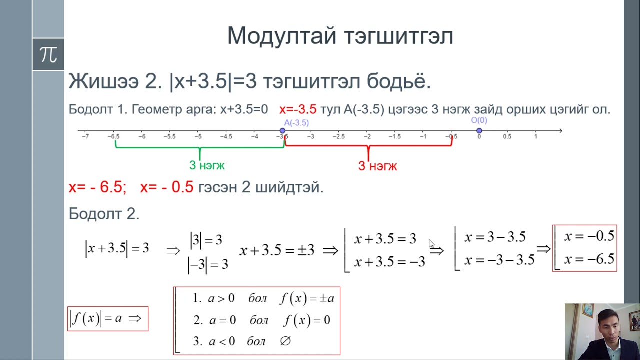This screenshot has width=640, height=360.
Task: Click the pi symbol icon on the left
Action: (48, 54)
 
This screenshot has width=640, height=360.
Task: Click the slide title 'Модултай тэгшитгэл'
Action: (340, 36)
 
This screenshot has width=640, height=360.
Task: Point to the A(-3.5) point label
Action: (296, 122)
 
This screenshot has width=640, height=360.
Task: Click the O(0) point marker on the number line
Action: (479, 131)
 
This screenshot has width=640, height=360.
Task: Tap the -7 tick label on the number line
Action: (85, 136)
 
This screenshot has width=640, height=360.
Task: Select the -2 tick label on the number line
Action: (367, 136)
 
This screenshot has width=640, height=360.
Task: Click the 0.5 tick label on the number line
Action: (507, 136)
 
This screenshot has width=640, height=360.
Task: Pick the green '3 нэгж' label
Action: (207, 165)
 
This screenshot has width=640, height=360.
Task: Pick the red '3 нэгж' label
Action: (377, 166)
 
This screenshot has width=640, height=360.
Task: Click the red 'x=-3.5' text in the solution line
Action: (298, 109)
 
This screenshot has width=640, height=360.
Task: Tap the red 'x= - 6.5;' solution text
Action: (97, 187)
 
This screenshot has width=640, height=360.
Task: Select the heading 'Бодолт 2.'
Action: (104, 214)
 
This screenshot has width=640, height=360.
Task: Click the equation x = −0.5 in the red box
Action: (589, 236)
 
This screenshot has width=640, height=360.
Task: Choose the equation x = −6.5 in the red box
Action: (589, 259)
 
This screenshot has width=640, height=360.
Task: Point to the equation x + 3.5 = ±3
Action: (277, 250)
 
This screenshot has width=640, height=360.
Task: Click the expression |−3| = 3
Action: (208, 264)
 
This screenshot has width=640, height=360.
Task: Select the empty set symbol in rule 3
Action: (285, 341)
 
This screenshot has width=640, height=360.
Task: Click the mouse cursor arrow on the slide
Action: (431, 244)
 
